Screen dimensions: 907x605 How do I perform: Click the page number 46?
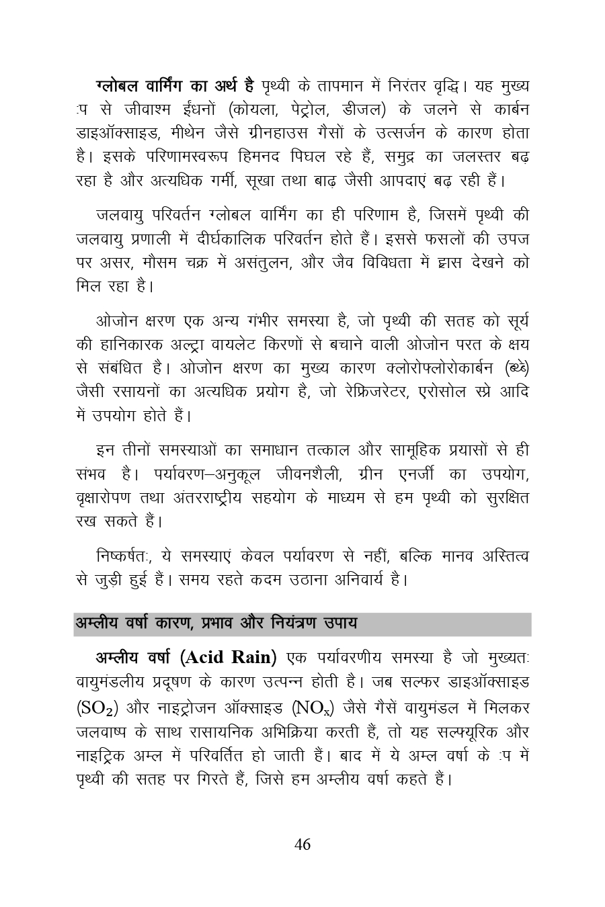pos(302,845)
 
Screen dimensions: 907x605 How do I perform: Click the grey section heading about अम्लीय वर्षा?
pos(216,623)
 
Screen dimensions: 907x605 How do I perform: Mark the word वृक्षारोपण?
pos(105,498)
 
